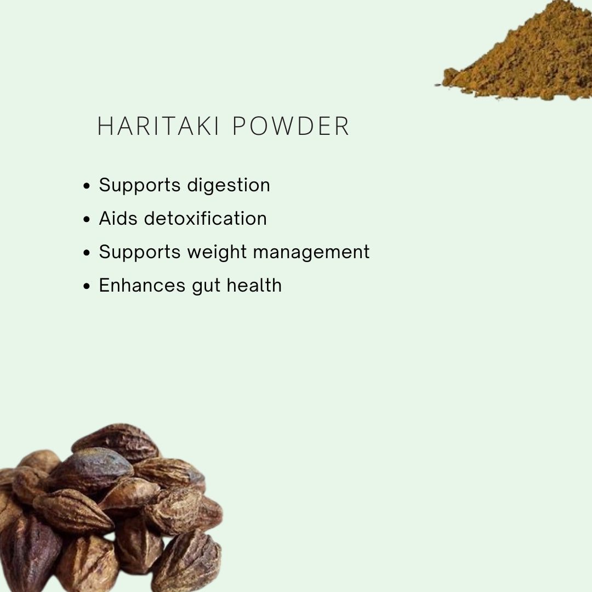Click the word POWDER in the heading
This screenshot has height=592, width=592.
pyautogui.click(x=291, y=127)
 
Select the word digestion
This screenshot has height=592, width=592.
pyautogui.click(x=229, y=186)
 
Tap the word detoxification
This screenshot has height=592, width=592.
pyautogui.click(x=206, y=219)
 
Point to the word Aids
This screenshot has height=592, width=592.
pyautogui.click(x=118, y=219)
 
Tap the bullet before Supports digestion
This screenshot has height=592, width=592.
pyautogui.click(x=86, y=186)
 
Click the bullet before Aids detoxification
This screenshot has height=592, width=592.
pyautogui.click(x=86, y=220)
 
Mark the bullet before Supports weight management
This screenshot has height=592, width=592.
pyautogui.click(x=86, y=253)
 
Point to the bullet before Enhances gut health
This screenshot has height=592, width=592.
pyautogui.click(x=86, y=287)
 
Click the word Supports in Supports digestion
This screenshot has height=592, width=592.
pyautogui.click(x=140, y=186)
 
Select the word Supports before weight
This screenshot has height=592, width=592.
pyautogui.click(x=140, y=253)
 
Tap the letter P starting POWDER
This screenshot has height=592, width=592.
pyautogui.click(x=238, y=127)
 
